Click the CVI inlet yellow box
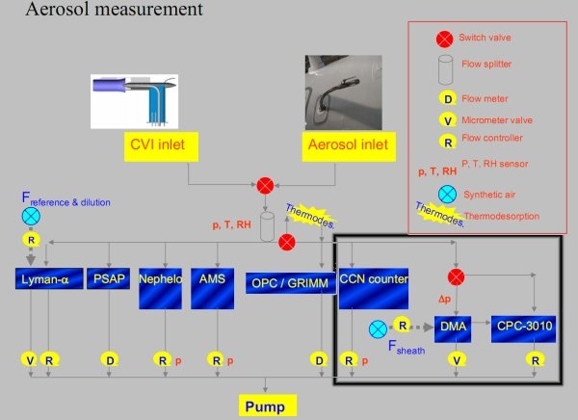159,146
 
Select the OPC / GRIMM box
286,283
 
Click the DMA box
453,328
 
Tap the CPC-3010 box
525,328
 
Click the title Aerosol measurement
115,11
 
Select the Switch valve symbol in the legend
444,39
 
